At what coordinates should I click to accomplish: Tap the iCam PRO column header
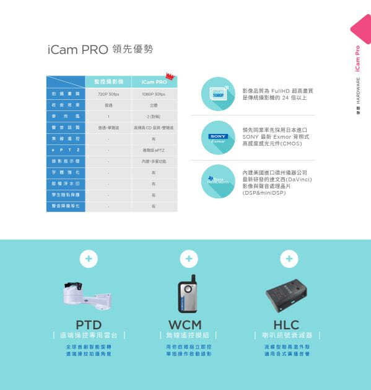(x=154, y=82)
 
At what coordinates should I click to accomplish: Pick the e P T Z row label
(x=65, y=149)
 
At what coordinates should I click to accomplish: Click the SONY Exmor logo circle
(x=218, y=138)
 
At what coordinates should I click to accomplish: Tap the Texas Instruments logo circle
(x=218, y=180)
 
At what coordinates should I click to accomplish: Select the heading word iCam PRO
(x=77, y=50)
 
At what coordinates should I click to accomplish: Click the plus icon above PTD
(x=89, y=258)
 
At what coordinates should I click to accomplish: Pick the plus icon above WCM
(x=189, y=258)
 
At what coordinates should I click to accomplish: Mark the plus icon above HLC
(x=289, y=258)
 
